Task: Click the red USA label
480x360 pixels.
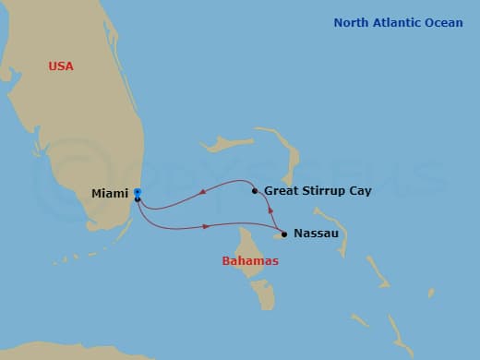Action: click(x=61, y=66)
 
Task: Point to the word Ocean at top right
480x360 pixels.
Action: click(x=444, y=23)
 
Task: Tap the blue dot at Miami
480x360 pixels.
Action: click(x=137, y=191)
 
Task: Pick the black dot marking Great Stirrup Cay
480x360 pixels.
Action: click(x=255, y=191)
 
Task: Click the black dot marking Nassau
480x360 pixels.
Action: click(x=284, y=234)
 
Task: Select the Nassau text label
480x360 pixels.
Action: click(x=317, y=234)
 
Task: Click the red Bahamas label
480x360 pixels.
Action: click(x=250, y=261)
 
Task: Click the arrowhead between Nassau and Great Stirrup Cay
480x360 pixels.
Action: click(x=270, y=211)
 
